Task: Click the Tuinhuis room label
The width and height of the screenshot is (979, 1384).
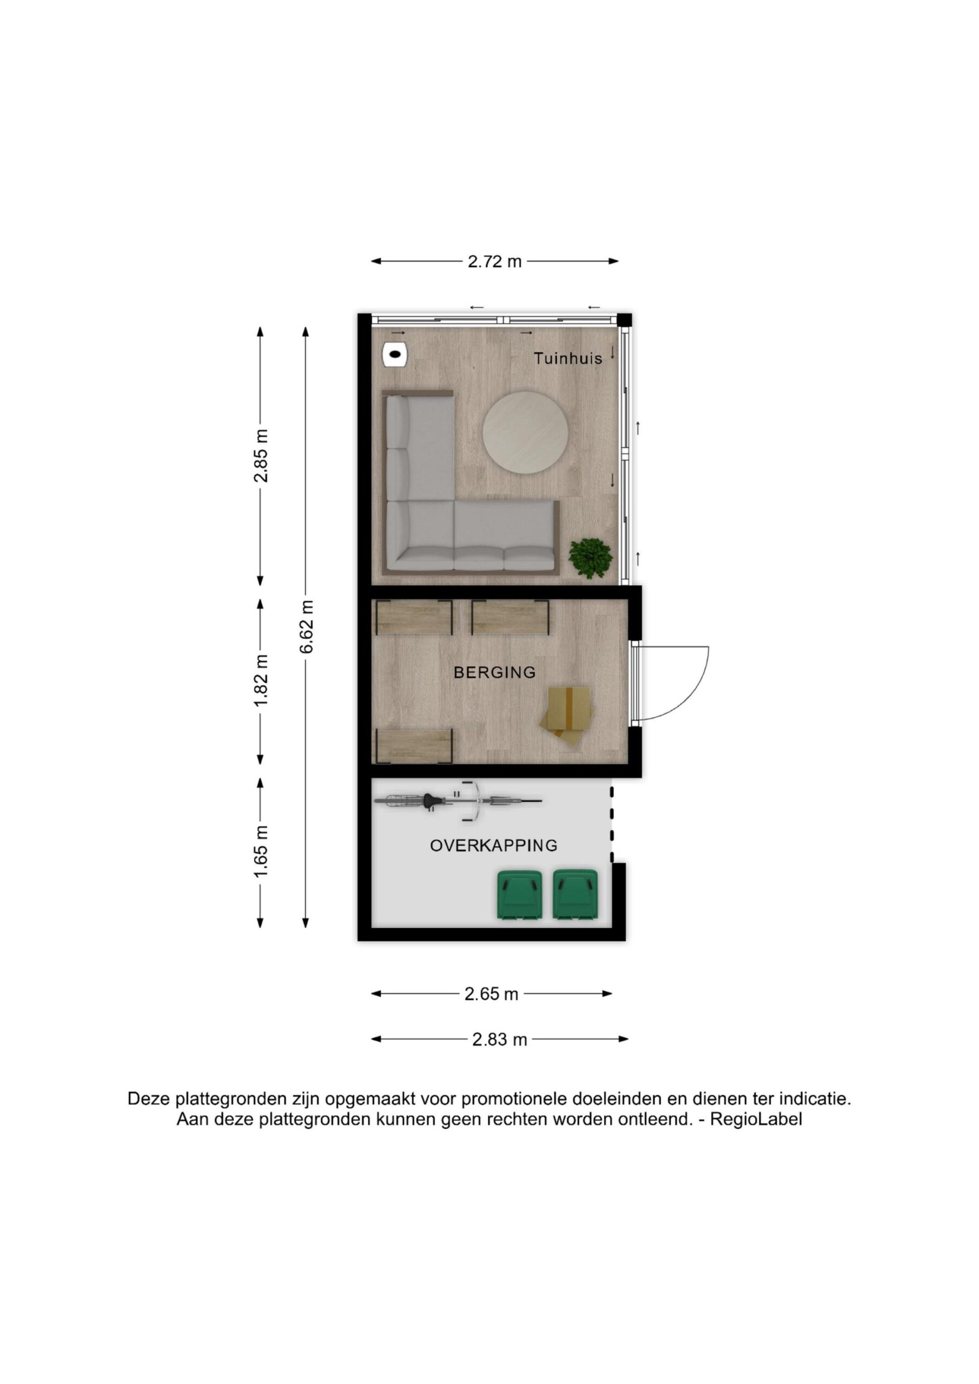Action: (x=567, y=358)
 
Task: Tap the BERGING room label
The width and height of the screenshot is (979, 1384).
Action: (x=494, y=672)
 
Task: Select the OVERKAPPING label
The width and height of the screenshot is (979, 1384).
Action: (x=493, y=846)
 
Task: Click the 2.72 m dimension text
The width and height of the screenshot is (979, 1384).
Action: (x=494, y=262)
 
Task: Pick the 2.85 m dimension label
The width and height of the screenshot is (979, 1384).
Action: (x=261, y=456)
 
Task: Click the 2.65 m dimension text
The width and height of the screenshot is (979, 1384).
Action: (x=491, y=994)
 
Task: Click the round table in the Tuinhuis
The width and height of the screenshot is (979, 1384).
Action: (x=525, y=432)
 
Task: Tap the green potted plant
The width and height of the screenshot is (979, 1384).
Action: (x=591, y=558)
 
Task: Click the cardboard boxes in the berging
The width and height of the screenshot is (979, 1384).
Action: (x=570, y=717)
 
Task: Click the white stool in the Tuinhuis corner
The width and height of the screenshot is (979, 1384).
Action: (x=394, y=355)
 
